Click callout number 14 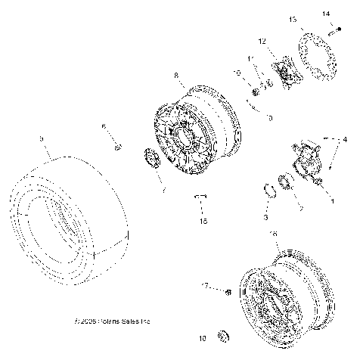[x=326, y=14]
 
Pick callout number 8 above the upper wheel [x=176, y=76]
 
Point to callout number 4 [x=346, y=140]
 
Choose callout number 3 [x=265, y=217]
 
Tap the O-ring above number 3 [x=269, y=189]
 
